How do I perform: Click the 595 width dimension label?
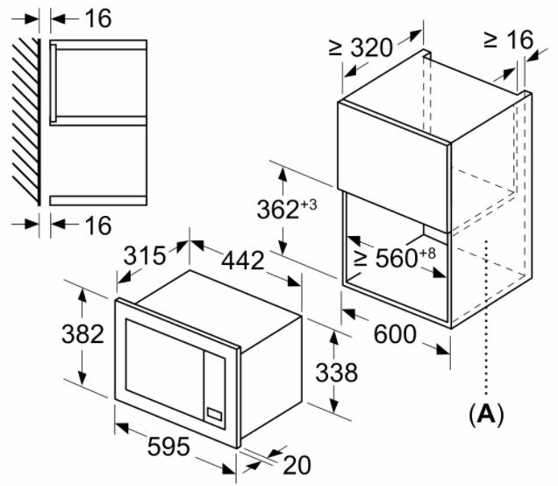tap(168, 447)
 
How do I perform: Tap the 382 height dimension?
tap(83, 334)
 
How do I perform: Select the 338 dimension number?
tap(336, 373)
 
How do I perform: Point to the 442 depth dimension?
tap(243, 261)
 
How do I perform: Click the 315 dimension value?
tap(145, 255)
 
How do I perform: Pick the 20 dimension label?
tap(297, 465)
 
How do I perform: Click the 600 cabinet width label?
tap(395, 334)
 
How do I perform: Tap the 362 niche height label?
tap(278, 210)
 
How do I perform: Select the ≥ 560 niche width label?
tap(385, 258)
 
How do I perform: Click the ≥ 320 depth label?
tap(361, 47)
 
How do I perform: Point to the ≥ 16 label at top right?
tap(509, 39)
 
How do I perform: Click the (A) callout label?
tap(486, 415)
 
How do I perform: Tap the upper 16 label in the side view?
tap(98, 18)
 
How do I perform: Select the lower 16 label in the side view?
tap(98, 225)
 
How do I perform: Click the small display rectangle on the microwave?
tap(215, 414)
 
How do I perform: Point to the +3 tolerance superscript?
tap(309, 205)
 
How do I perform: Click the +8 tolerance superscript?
tap(427, 254)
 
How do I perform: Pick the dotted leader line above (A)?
tap(486, 318)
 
